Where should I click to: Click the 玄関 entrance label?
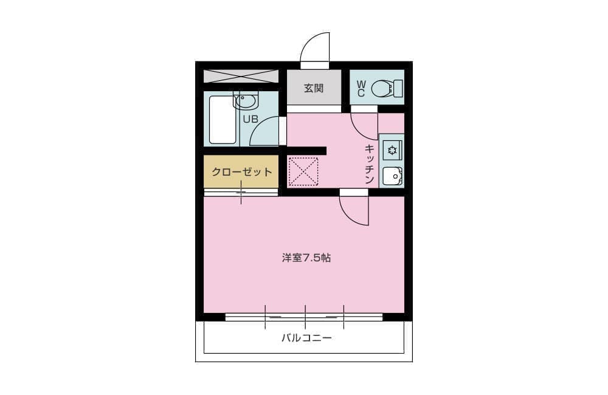314,88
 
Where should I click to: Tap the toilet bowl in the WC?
382,88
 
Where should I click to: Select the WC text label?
361,89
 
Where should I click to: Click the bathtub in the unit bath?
223,120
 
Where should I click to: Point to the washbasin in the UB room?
244,101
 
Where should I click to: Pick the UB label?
250,119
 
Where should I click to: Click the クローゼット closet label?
241,172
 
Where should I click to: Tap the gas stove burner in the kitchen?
392,150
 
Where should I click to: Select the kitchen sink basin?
392,177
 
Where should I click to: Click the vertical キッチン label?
370,164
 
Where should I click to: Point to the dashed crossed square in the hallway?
303,171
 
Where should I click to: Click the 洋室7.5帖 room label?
306,258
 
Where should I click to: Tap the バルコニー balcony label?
306,338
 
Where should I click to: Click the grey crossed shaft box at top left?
241,76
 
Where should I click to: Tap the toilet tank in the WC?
398,88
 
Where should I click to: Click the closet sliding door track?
241,192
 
